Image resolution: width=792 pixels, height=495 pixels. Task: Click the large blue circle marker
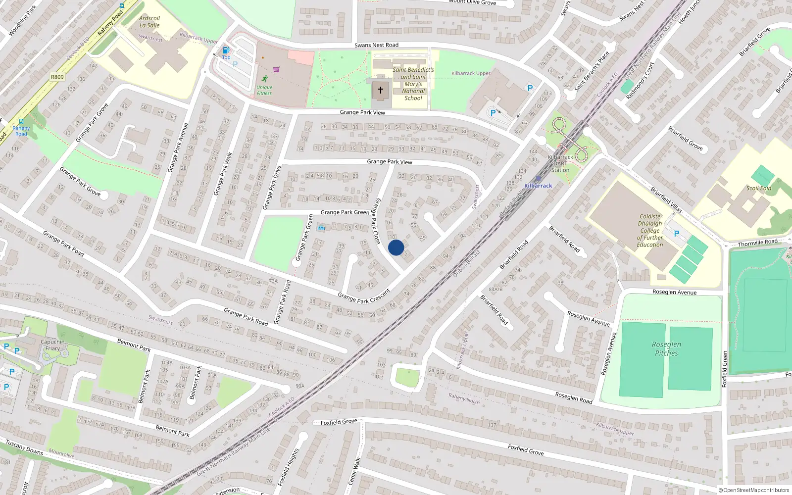coord(396,247)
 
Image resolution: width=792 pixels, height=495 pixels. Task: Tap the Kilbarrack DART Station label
coord(560,163)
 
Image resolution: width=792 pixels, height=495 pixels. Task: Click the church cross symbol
coord(380,90)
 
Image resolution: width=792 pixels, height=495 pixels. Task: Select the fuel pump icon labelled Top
coord(226,50)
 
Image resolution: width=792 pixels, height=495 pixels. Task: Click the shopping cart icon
coord(276,70)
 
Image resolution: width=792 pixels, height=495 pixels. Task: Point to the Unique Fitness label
coord(264,90)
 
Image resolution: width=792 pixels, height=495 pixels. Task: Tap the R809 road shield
coord(57,77)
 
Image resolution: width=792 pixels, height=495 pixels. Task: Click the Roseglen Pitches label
coord(666,348)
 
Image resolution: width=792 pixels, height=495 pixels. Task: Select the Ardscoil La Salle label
coord(149,22)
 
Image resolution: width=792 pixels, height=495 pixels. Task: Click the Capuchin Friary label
coord(53,345)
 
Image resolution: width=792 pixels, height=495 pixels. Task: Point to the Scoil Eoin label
coord(759,188)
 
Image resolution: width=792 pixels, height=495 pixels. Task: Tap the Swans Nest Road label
coord(376,45)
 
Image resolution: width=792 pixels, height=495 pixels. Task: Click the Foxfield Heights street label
coord(289,467)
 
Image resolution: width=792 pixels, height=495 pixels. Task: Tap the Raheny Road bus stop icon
coord(21,121)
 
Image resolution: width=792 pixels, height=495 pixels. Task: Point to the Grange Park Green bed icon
coord(321,228)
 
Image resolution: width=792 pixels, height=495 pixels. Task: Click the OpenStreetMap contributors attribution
coord(754,490)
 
